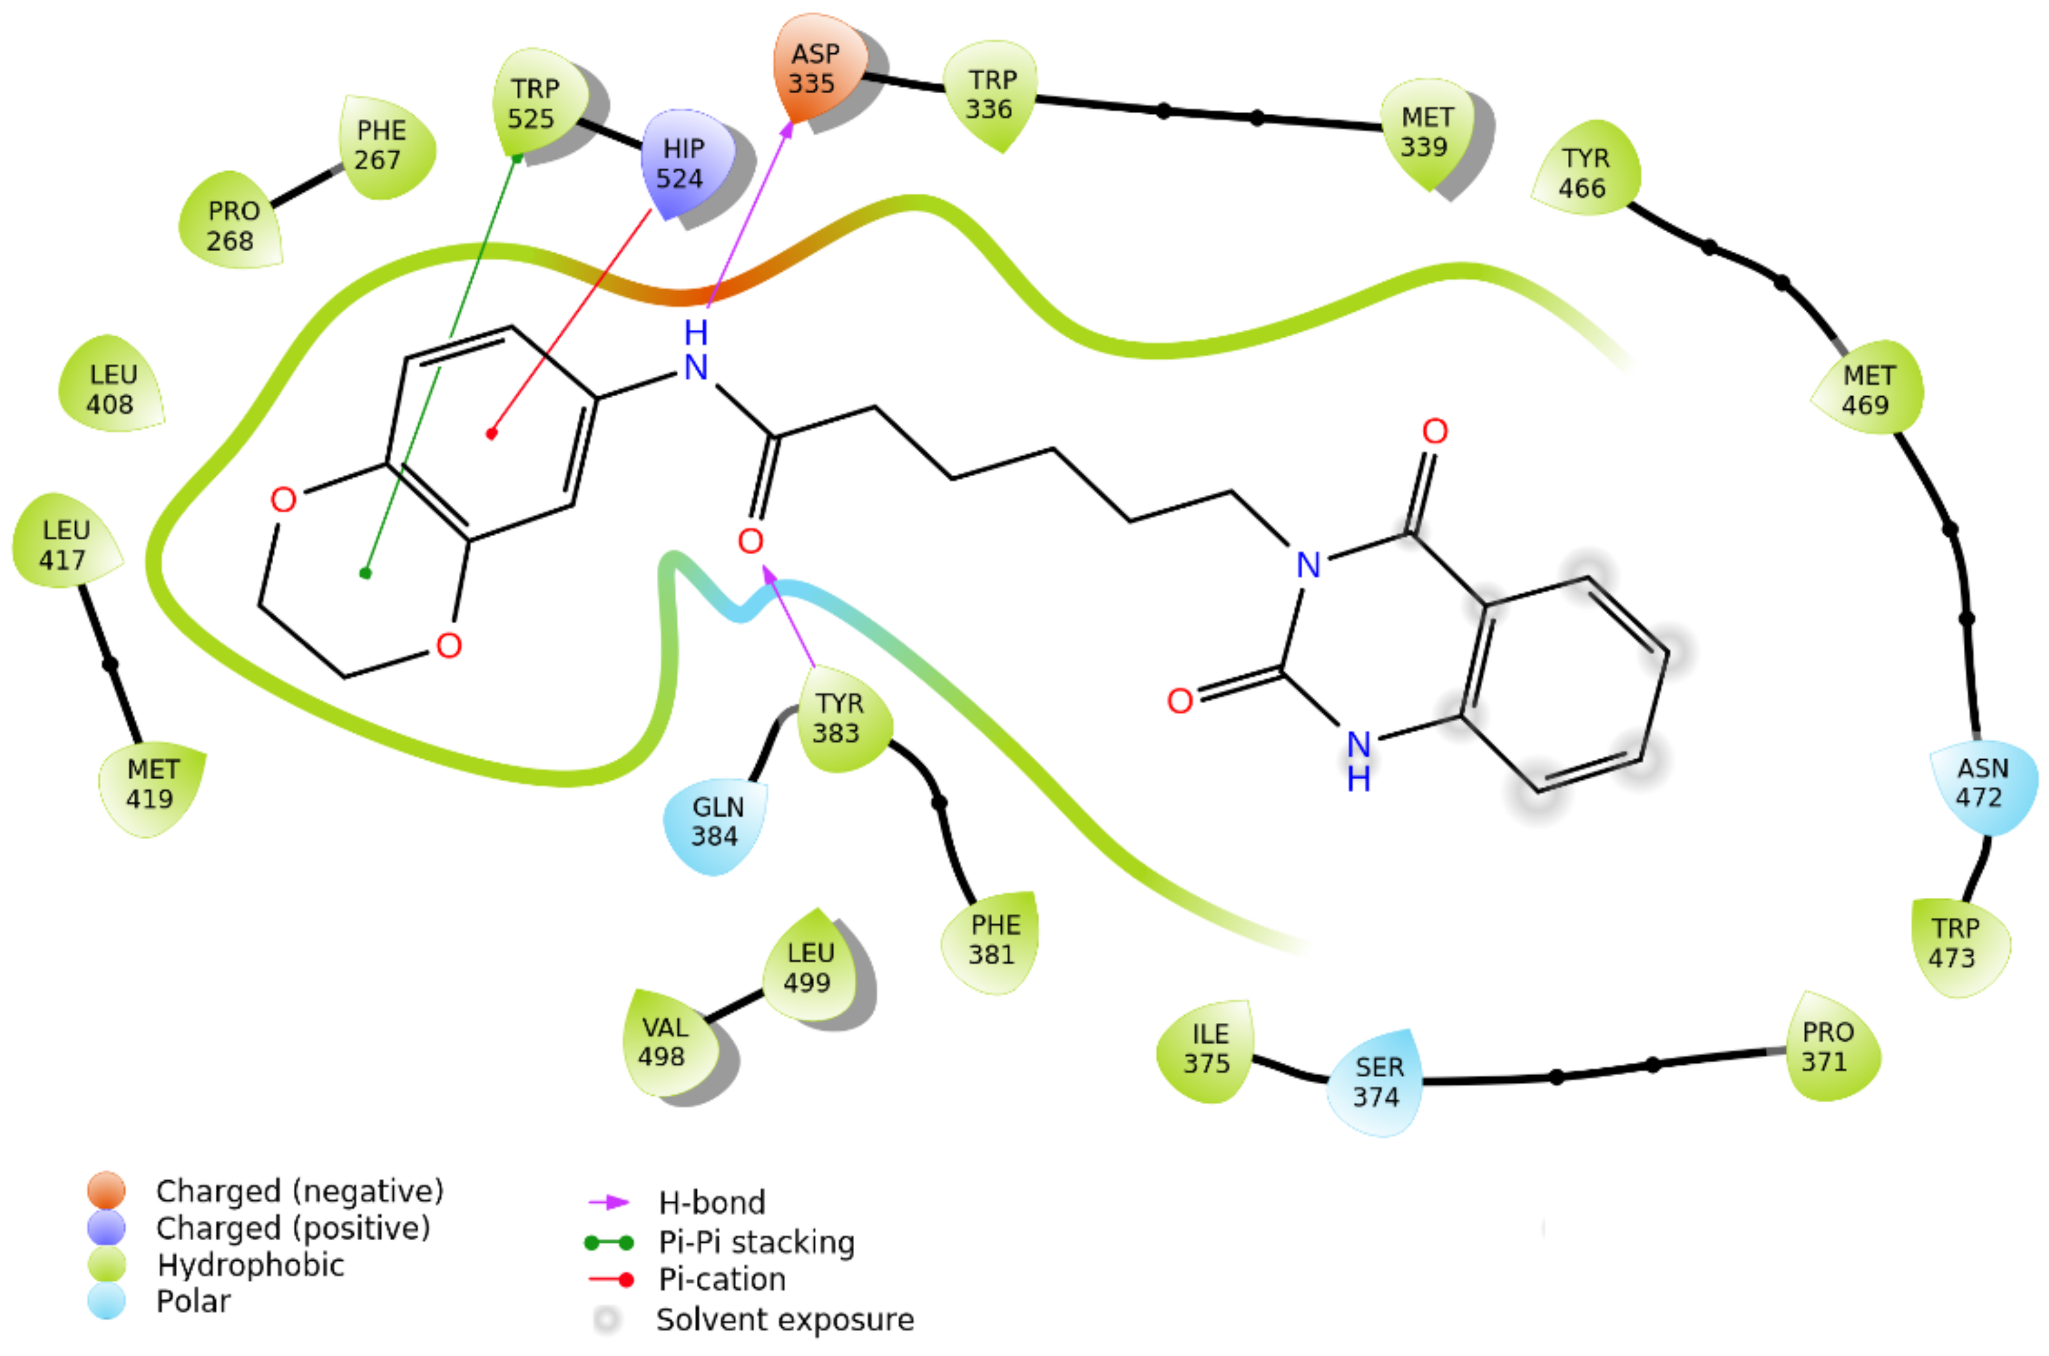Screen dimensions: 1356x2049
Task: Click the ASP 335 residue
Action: point(814,69)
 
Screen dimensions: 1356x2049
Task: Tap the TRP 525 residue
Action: point(533,103)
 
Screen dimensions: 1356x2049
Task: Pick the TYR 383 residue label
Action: point(837,719)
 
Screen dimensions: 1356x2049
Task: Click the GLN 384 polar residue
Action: point(716,822)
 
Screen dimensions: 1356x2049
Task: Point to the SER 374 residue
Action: point(1376,1082)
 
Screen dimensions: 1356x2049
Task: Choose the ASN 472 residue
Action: point(1982,783)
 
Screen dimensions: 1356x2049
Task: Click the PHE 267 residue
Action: point(380,145)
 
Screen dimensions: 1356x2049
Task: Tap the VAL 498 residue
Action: point(663,1042)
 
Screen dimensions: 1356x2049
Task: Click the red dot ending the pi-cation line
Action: point(492,434)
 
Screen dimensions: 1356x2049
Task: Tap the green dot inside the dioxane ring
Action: point(366,573)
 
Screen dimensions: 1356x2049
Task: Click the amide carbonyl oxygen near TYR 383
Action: point(750,541)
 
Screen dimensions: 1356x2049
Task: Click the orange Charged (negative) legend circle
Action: point(107,1190)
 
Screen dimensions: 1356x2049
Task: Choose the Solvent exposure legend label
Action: point(785,1319)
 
